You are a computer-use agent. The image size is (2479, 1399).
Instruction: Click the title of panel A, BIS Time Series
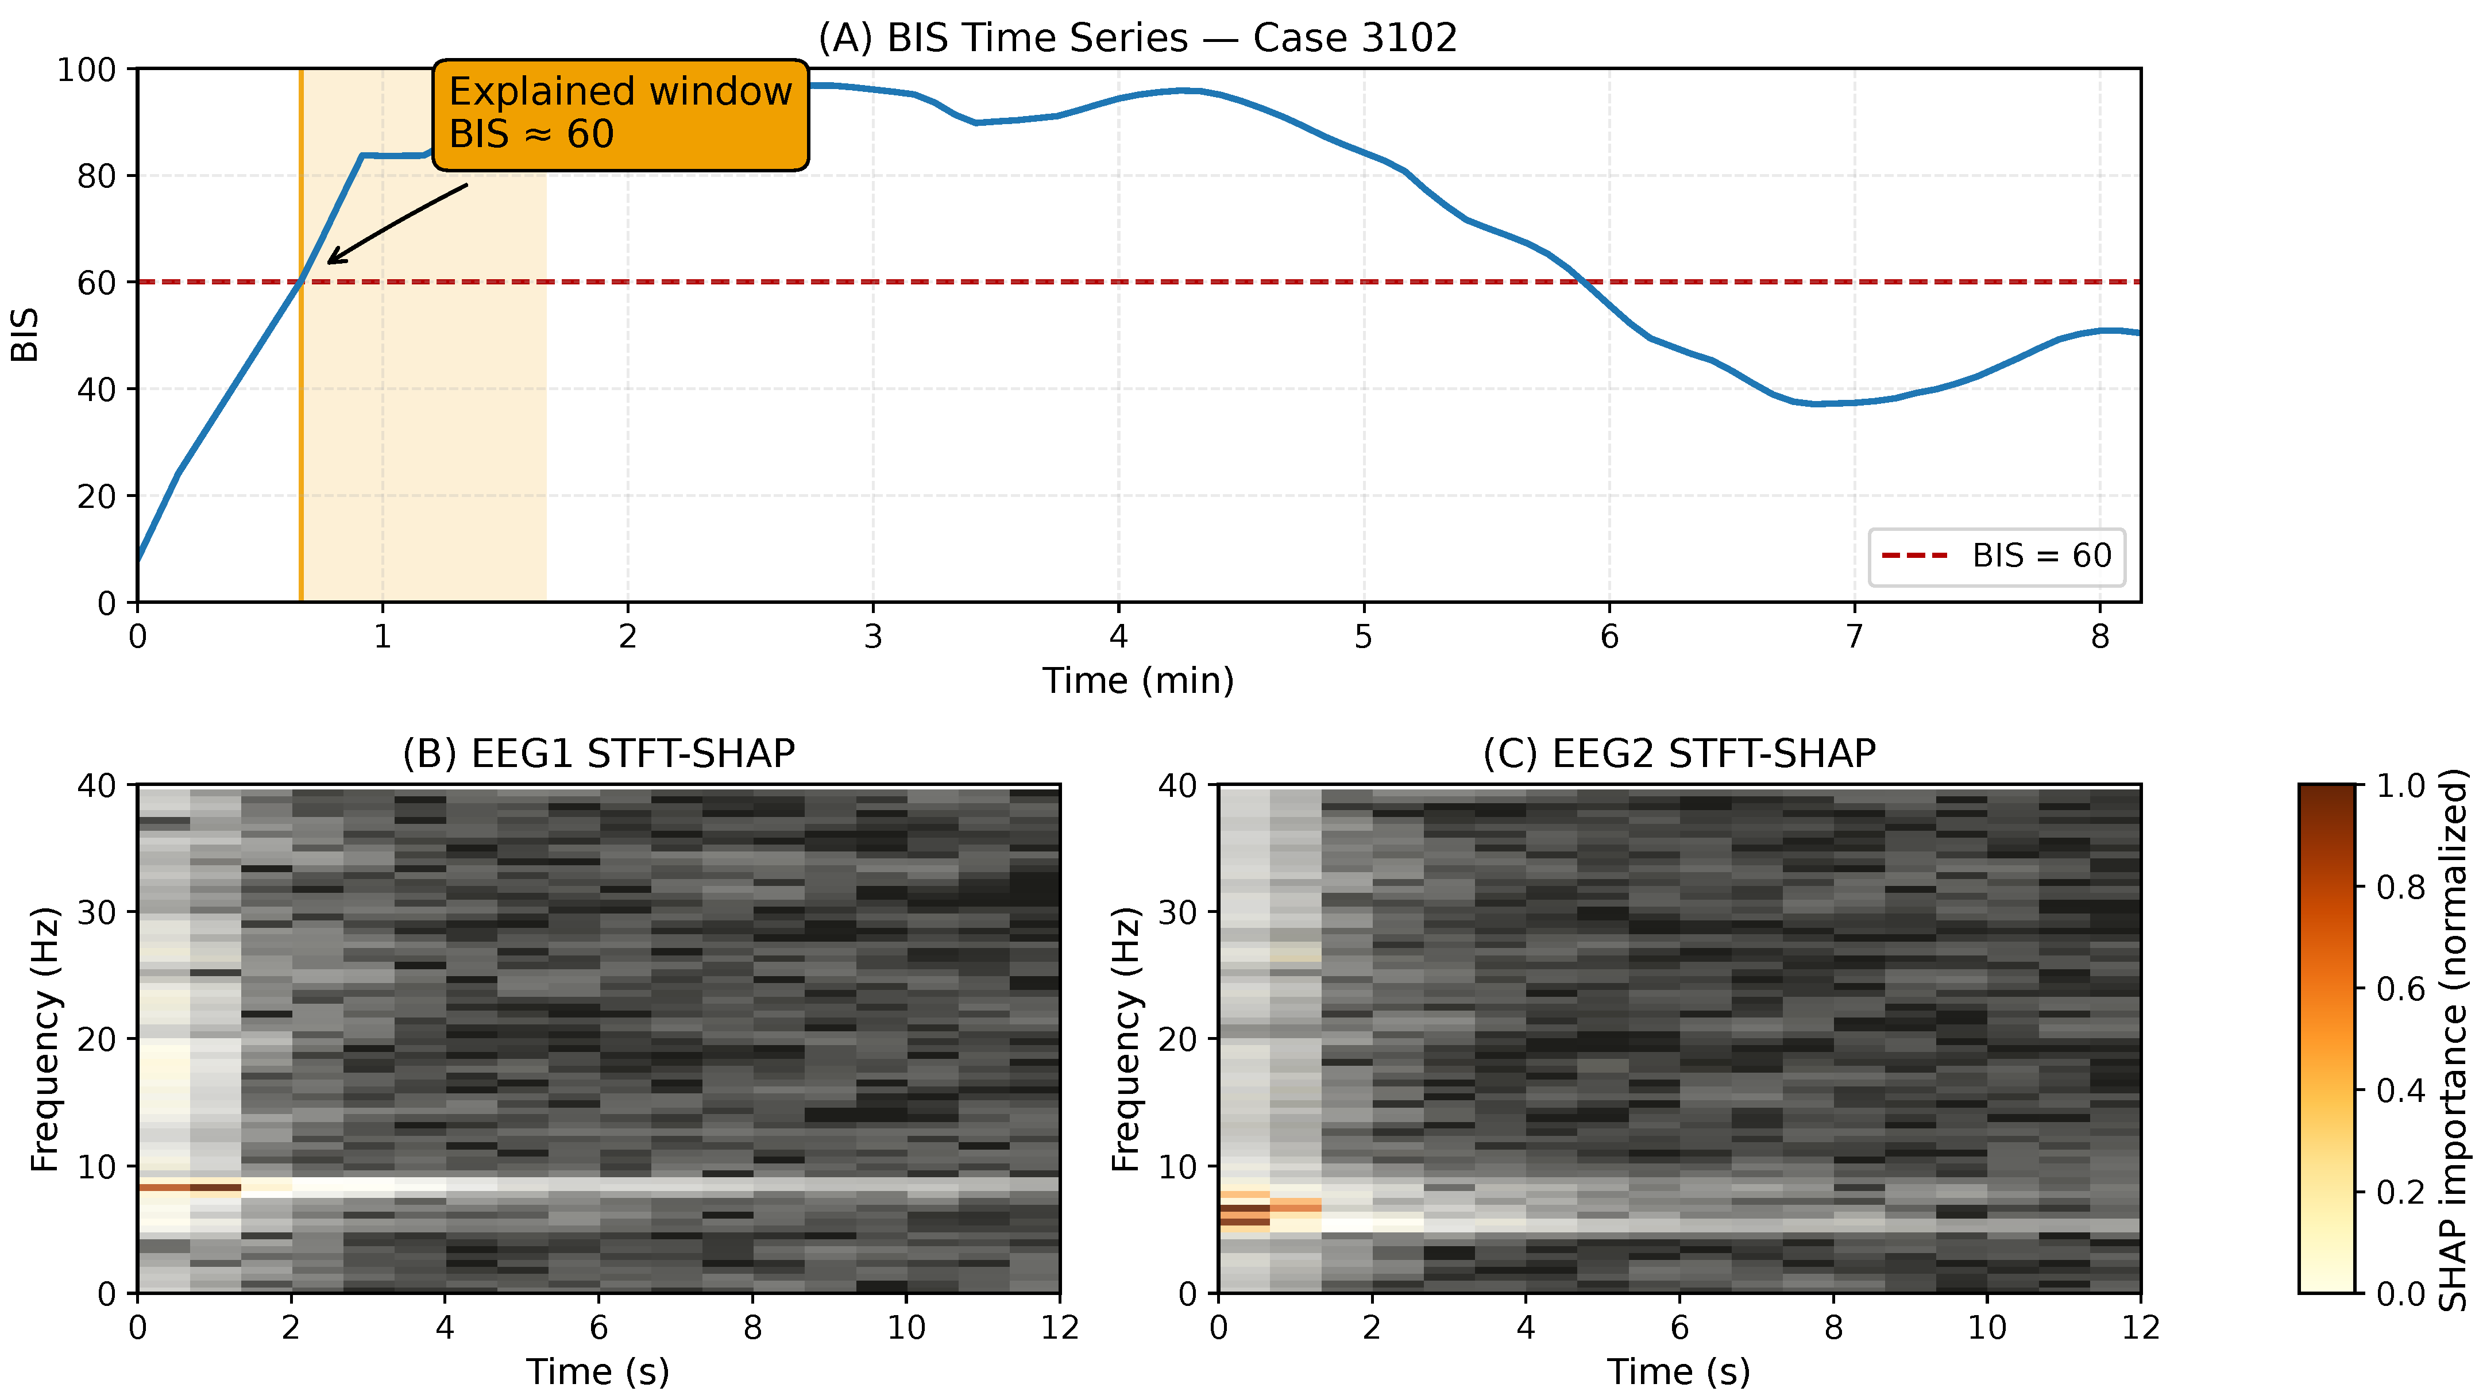coord(1137,37)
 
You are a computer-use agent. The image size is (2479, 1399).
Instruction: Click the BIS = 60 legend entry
coord(1997,556)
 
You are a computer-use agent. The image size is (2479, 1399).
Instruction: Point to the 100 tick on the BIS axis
coord(87,70)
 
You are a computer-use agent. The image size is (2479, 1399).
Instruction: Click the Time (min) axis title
coord(1137,681)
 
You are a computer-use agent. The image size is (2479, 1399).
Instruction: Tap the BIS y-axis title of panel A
coord(25,335)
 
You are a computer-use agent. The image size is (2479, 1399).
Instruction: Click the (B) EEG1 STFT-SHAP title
coord(598,753)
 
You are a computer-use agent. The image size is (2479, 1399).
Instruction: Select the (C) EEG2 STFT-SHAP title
coord(1679,753)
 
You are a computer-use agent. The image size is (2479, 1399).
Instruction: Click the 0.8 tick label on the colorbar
coord(2400,887)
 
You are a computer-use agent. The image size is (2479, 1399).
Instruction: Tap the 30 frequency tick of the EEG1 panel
coord(96,912)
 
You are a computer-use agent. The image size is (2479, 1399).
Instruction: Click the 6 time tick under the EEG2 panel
coord(1679,1328)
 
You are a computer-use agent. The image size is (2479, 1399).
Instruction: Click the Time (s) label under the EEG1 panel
coord(598,1371)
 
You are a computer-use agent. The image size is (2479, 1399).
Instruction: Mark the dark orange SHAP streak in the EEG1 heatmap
coord(190,1187)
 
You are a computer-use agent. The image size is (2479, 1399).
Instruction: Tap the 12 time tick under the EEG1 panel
coord(1060,1328)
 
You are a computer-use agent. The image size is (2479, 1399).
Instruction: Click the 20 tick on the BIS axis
coord(96,497)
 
